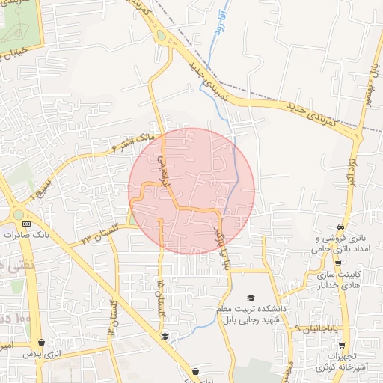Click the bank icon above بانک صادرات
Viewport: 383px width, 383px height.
tap(28, 223)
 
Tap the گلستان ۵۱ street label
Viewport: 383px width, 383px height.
tap(162, 297)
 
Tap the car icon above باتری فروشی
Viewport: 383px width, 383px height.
tap(341, 227)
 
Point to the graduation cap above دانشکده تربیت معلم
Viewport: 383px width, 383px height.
tap(251, 298)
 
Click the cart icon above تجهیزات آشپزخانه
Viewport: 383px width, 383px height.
tap(342, 346)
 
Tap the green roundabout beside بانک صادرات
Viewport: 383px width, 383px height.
tap(17, 215)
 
